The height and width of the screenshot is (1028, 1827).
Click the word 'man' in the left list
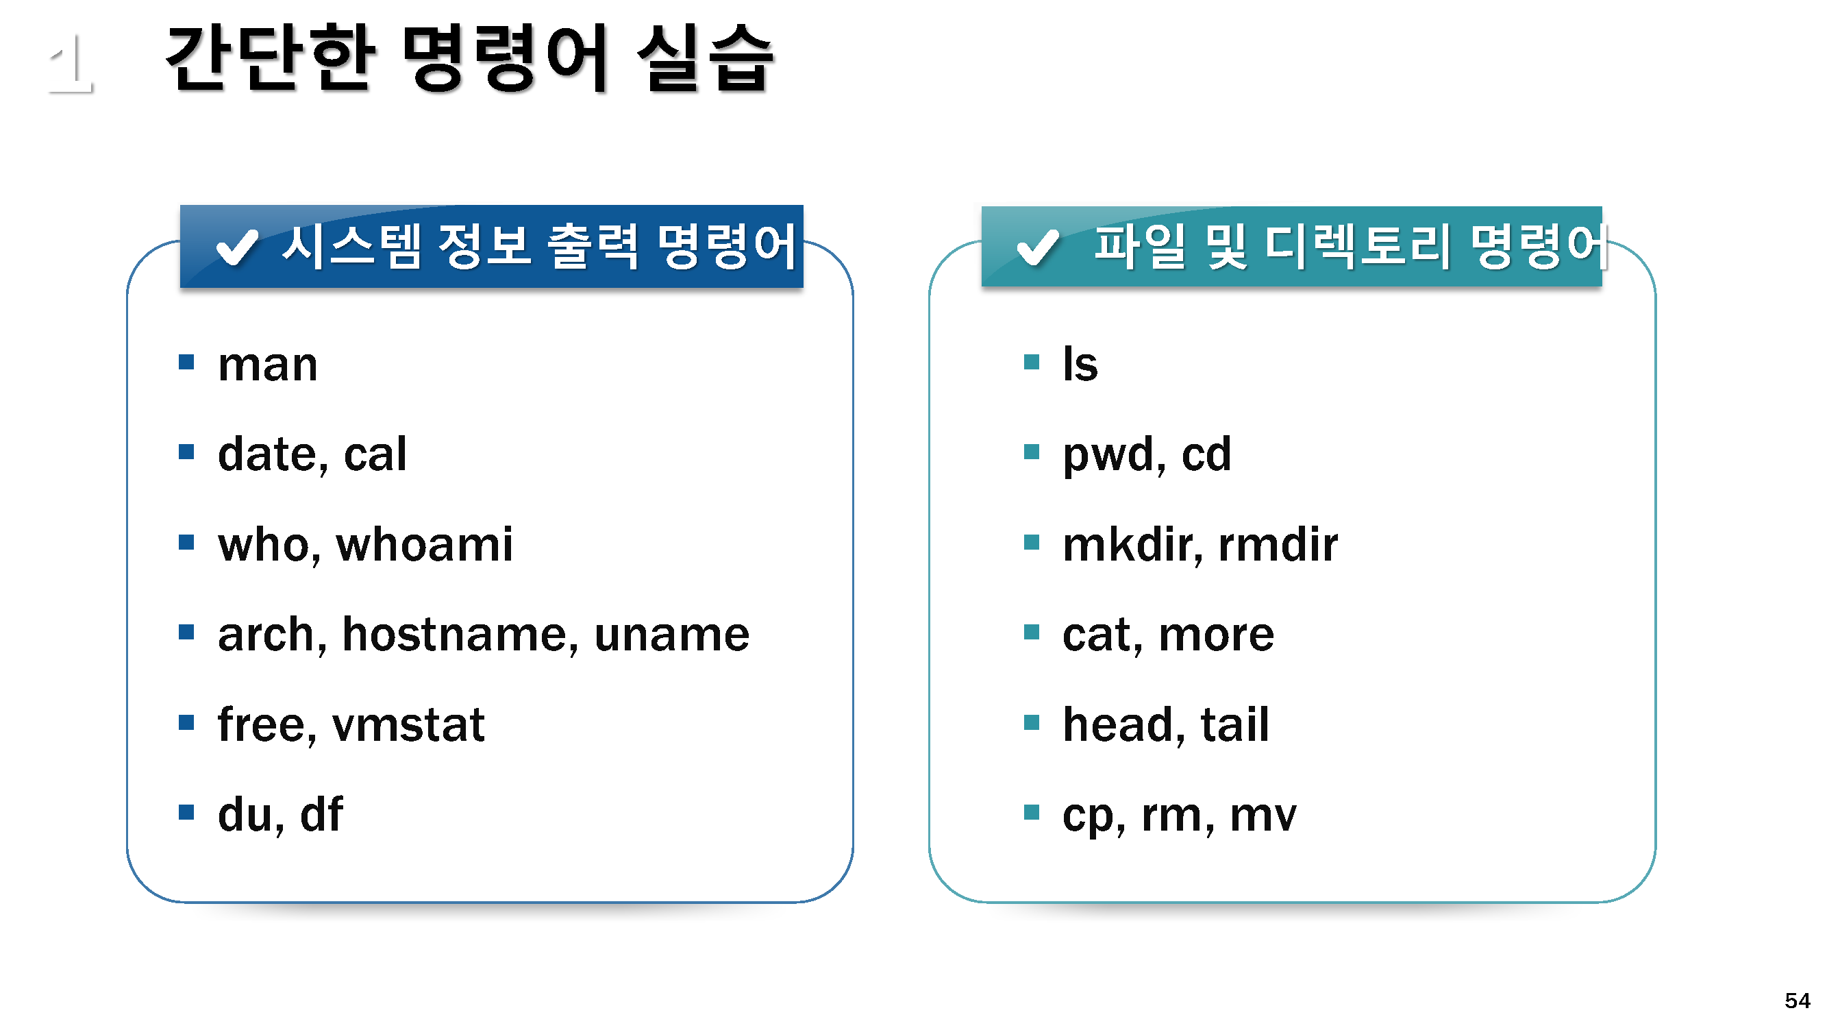(x=267, y=366)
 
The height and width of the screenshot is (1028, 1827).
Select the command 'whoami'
(x=424, y=544)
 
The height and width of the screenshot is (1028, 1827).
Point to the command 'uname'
(x=671, y=635)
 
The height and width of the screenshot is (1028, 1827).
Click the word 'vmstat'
(x=408, y=725)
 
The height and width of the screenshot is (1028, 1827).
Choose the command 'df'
(x=322, y=813)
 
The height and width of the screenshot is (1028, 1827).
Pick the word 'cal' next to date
(x=375, y=454)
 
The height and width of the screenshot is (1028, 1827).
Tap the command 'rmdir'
(x=1278, y=544)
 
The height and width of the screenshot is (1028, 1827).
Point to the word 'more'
(x=1217, y=635)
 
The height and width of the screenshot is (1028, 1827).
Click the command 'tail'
(x=1235, y=724)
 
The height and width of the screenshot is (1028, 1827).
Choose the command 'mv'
(x=1263, y=816)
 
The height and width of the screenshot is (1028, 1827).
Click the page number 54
(x=1798, y=1001)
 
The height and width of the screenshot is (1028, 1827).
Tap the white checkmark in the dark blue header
(x=237, y=247)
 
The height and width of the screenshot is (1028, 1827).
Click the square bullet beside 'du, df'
(x=186, y=812)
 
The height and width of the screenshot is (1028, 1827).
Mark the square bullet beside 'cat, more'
(x=1032, y=632)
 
